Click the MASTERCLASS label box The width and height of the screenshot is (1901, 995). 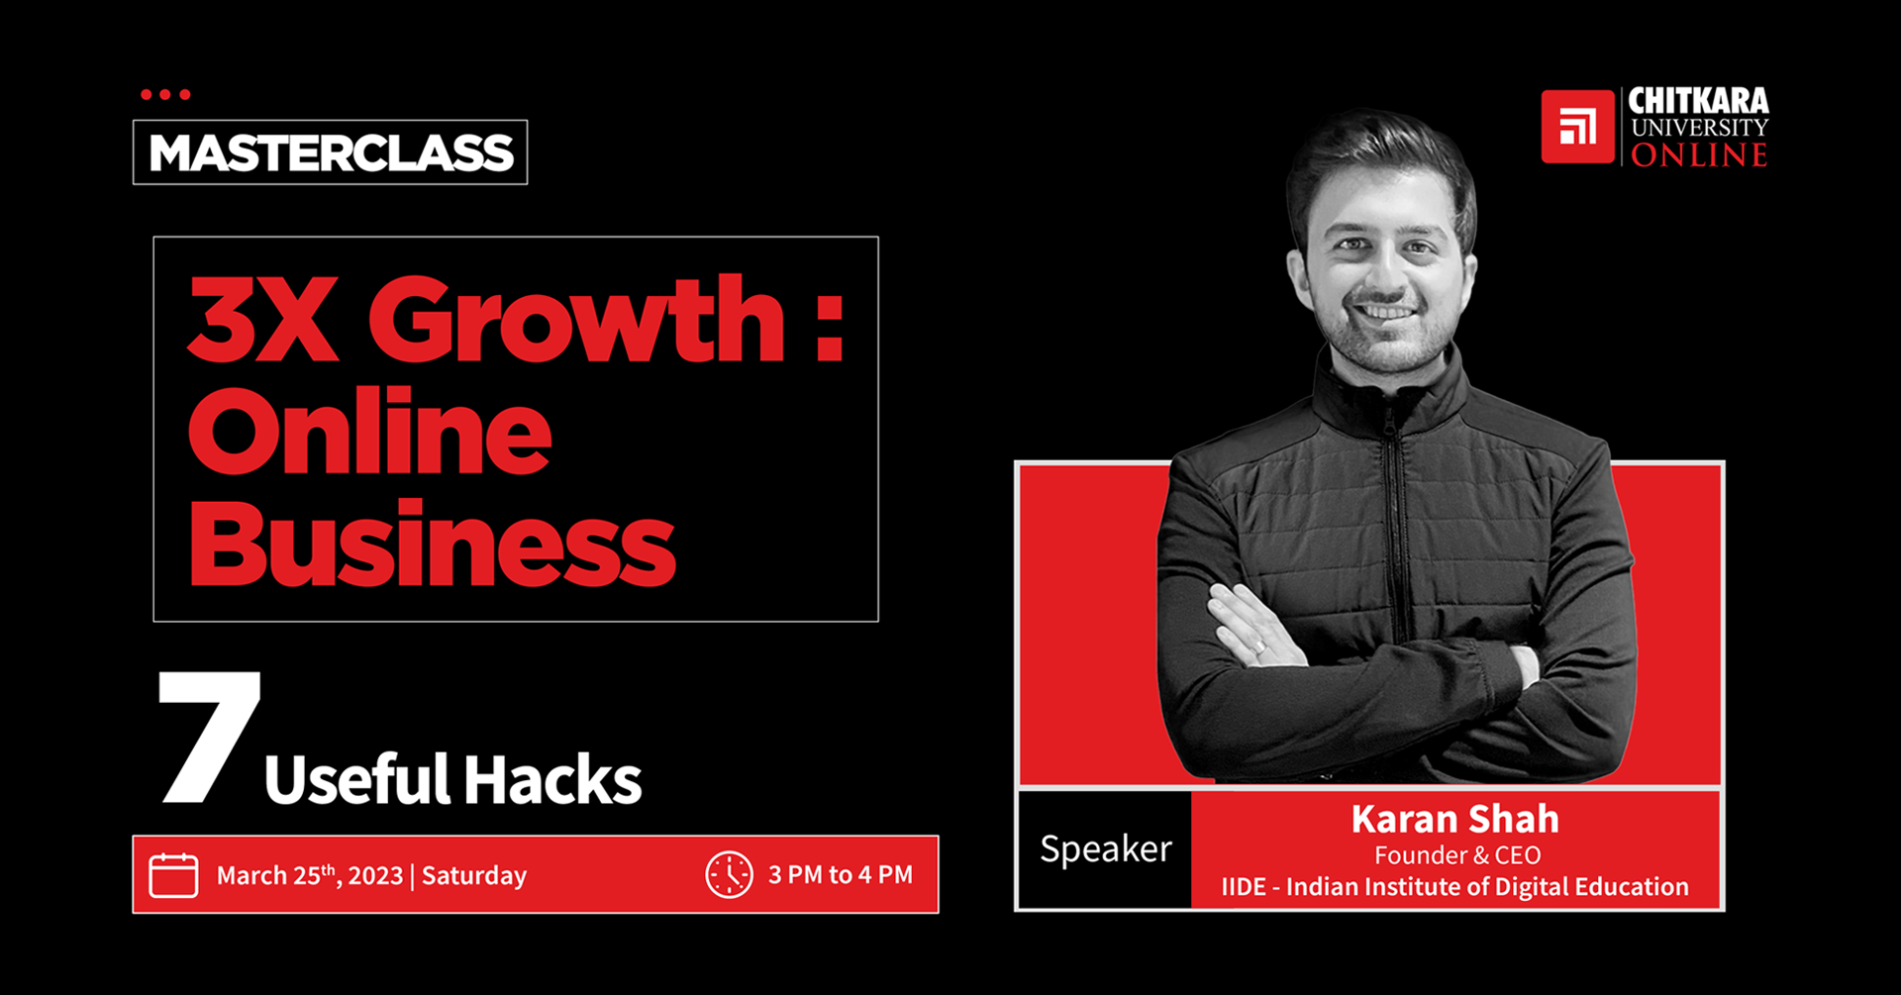click(x=330, y=152)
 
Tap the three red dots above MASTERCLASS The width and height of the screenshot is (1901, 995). click(x=165, y=95)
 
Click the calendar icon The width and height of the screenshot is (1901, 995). click(x=173, y=875)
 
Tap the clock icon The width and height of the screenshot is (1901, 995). click(x=730, y=875)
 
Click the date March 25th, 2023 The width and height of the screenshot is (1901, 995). click(x=310, y=875)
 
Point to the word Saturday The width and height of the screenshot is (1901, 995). click(x=474, y=876)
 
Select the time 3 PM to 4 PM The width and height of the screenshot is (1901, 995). click(x=841, y=875)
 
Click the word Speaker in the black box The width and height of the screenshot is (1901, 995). click(x=1106, y=849)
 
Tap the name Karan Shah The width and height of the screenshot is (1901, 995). click(x=1454, y=819)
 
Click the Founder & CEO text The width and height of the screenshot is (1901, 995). click(x=1457, y=855)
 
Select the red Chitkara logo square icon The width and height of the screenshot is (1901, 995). click(x=1578, y=127)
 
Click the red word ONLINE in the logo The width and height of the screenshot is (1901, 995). click(x=1699, y=155)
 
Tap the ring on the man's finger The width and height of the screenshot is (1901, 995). click(x=1259, y=647)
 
